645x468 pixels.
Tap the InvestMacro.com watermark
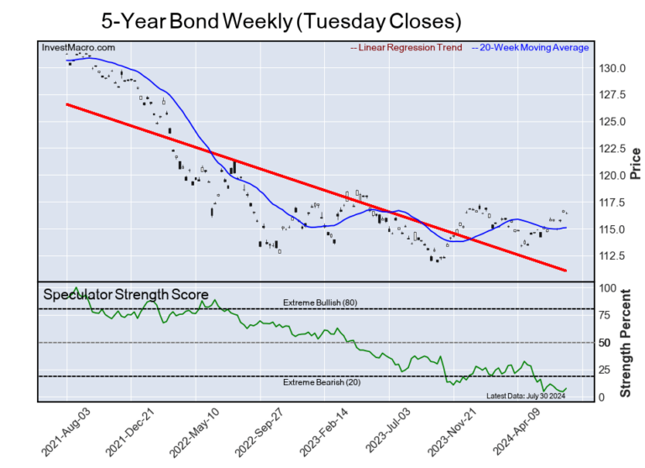point(79,49)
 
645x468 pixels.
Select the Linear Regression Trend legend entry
point(406,48)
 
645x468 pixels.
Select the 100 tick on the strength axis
point(603,288)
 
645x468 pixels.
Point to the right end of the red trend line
point(567,271)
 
